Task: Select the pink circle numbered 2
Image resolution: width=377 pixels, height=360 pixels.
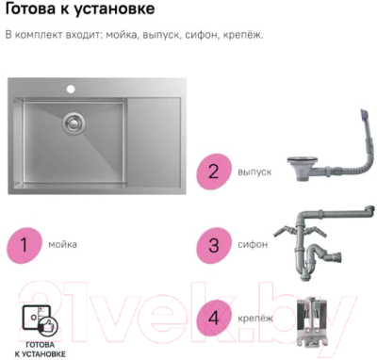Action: click(x=214, y=172)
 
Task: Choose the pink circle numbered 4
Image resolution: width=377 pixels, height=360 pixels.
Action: click(x=214, y=319)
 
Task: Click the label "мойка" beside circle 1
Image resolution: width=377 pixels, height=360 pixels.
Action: click(x=62, y=244)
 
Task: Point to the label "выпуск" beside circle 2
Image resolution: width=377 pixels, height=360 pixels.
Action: click(x=254, y=172)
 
